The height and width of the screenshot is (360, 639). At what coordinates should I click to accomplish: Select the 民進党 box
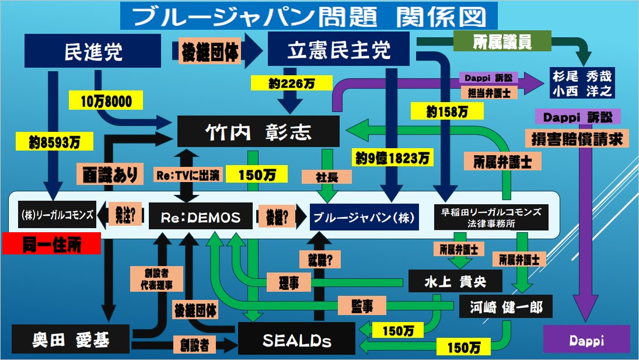93,51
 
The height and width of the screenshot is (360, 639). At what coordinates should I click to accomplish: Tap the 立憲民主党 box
338,50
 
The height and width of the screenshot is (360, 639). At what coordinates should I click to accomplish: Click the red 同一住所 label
51,244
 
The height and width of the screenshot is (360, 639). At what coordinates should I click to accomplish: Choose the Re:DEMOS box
201,217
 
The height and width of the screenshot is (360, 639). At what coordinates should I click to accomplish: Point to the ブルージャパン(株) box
363,217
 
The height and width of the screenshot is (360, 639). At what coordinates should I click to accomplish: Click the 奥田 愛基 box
71,339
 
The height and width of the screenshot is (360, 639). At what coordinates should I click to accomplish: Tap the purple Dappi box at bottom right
586,340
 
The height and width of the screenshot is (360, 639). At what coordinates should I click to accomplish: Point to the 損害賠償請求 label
575,139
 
